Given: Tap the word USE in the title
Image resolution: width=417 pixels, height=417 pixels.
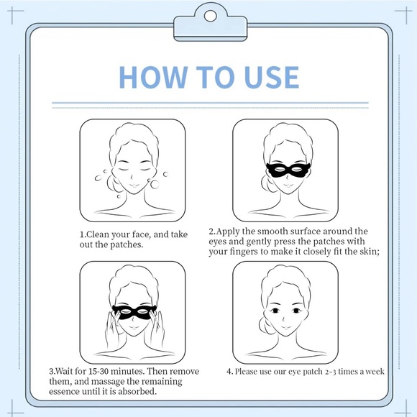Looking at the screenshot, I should click(267, 76).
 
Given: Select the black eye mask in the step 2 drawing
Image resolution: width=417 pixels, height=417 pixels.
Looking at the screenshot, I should click(286, 170).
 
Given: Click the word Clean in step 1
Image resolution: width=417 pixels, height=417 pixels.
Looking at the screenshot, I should click(100, 234).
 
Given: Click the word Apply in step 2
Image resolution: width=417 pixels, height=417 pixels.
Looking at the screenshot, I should click(232, 232).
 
